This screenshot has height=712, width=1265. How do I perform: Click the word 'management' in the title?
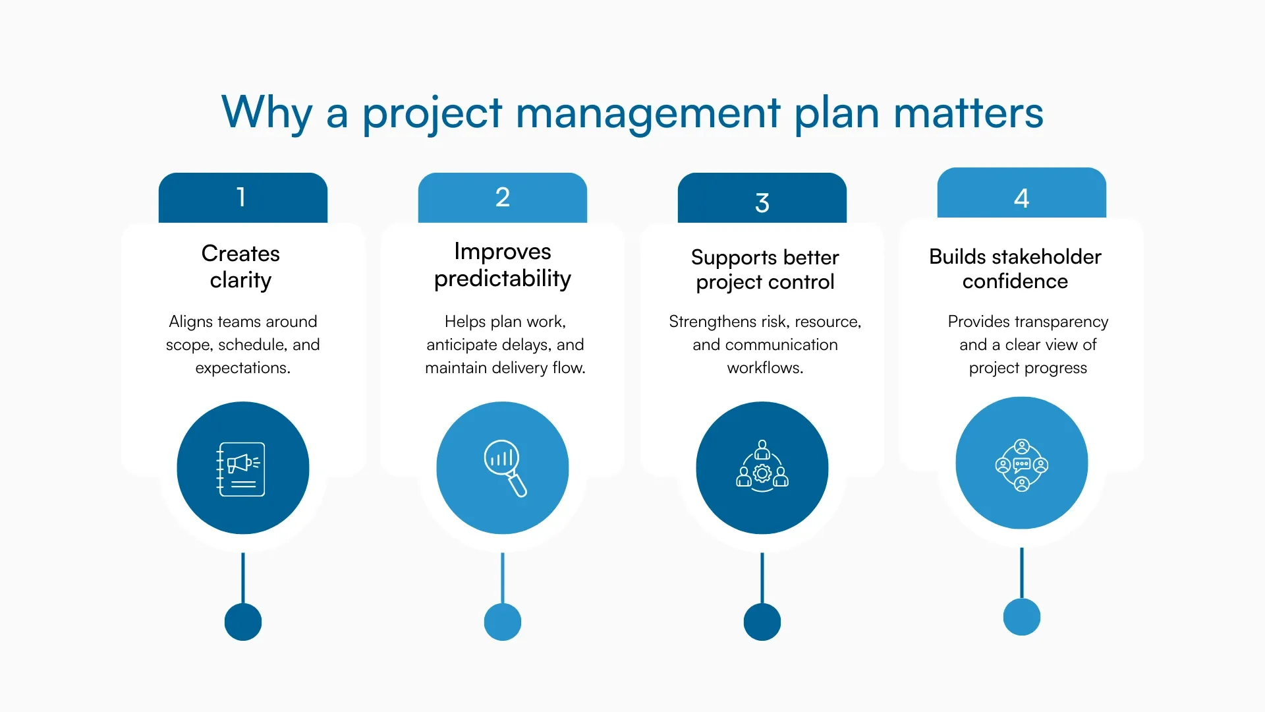click(x=648, y=113)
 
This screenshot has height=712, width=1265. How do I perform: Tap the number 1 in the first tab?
click(x=241, y=197)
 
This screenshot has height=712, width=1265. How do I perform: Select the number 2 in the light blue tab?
click(x=502, y=197)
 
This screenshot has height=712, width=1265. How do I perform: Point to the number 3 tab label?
click(x=762, y=202)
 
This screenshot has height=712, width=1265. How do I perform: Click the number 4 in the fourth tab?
click(x=1021, y=198)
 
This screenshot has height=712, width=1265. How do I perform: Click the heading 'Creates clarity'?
click(x=240, y=266)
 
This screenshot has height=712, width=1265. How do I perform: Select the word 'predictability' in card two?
click(x=502, y=279)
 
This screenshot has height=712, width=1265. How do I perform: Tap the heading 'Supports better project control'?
click(x=764, y=269)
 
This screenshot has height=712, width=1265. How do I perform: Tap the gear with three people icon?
click(x=762, y=467)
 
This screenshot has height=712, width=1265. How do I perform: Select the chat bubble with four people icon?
click(x=1021, y=465)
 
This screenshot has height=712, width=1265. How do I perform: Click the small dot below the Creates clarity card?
click(x=242, y=622)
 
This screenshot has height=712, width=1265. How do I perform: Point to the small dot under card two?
click(x=502, y=622)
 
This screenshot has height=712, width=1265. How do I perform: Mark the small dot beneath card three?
click(x=762, y=622)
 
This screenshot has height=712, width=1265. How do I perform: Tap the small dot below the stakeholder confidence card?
click(x=1021, y=617)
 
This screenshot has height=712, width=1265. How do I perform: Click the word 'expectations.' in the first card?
click(x=242, y=368)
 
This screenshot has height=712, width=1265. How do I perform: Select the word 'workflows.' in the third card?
click(x=764, y=368)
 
